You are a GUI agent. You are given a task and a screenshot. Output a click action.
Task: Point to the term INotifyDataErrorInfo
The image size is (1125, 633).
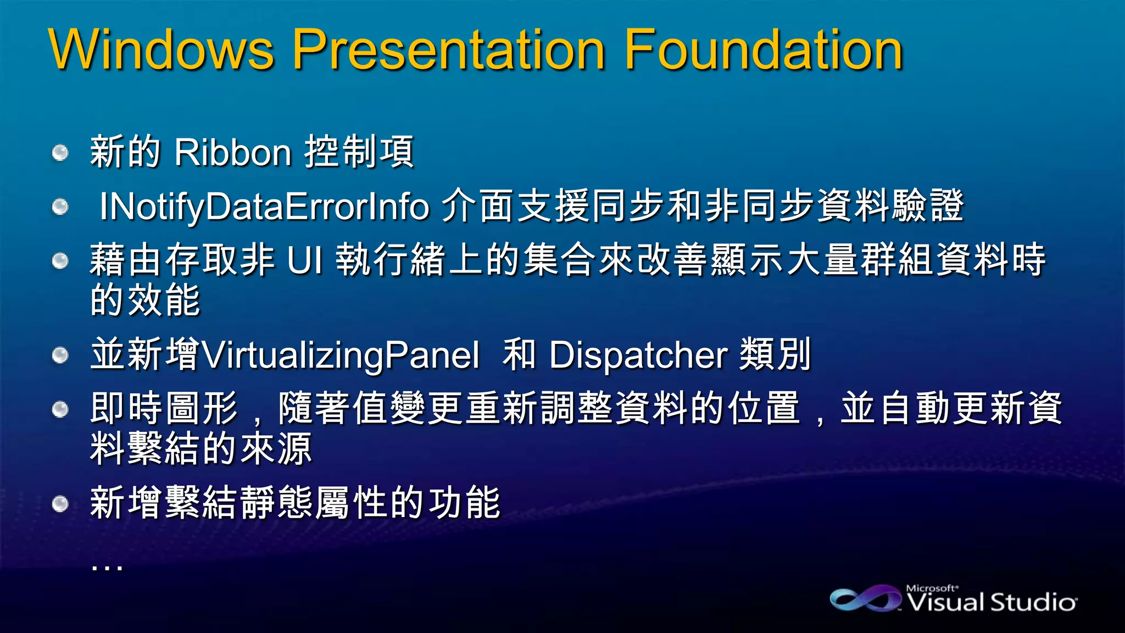point(264,207)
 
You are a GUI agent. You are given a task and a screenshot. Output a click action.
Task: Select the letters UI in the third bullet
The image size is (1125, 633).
point(305,260)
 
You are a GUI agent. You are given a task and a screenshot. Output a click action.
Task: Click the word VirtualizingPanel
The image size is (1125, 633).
point(341,355)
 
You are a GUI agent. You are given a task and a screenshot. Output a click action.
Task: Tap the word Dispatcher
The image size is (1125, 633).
point(638,355)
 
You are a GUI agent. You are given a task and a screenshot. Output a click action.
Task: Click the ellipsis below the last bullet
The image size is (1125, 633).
point(107,566)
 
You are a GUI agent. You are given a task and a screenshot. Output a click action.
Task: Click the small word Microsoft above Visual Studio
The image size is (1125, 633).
point(932,588)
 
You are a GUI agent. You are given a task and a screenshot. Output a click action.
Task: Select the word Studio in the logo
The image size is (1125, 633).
point(1033,603)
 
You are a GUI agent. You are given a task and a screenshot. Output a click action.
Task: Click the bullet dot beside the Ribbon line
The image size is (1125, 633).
point(60,152)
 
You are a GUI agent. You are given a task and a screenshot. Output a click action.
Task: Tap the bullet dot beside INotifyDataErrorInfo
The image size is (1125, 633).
point(60,207)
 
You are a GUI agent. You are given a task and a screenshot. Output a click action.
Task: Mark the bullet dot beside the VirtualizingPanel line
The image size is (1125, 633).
point(60,356)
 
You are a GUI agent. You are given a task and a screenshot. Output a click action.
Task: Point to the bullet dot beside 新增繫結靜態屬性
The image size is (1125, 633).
point(60,503)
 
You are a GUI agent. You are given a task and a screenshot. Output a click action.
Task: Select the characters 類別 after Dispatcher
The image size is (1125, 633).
point(776,354)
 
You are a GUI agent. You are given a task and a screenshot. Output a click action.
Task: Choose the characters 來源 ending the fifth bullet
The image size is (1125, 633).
point(276,448)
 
